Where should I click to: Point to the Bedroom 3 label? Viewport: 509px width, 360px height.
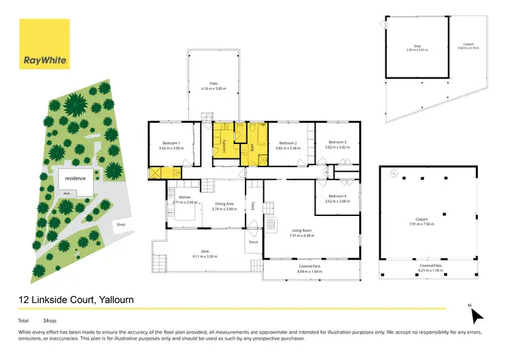pos(337,142)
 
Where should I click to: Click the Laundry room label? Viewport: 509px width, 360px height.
pos(223,144)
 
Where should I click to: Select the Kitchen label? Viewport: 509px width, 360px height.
pos(185,198)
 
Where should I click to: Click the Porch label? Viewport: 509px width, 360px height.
pos(253,242)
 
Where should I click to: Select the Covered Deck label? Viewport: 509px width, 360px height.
pos(312,267)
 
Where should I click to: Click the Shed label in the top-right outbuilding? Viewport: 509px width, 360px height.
pos(409,46)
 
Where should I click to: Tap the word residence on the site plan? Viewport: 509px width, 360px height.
pos(75,178)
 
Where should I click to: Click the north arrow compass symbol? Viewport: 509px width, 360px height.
pos(476,314)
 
